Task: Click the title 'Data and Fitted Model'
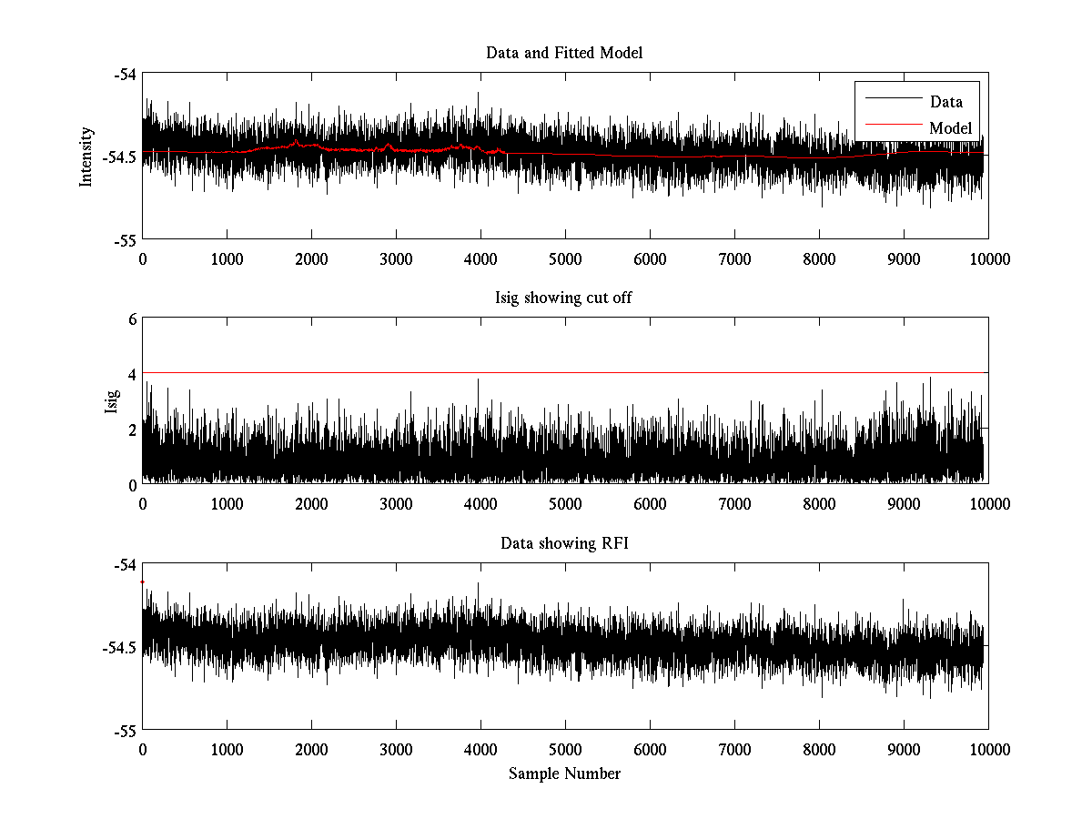tap(564, 53)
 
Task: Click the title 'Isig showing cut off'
tap(564, 298)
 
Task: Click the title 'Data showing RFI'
tap(564, 544)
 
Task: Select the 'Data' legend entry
tap(946, 102)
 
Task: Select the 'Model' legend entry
tap(951, 127)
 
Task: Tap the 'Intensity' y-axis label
tap(86, 157)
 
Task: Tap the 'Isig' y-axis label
tap(112, 401)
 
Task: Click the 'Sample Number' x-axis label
tap(564, 773)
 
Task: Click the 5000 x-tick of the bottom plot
tap(565, 749)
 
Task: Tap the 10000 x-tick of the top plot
tap(988, 258)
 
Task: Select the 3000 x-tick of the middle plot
tap(396, 504)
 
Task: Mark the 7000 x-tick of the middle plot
tap(734, 504)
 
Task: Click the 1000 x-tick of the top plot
tap(227, 258)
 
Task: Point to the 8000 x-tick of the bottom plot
tap(819, 749)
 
